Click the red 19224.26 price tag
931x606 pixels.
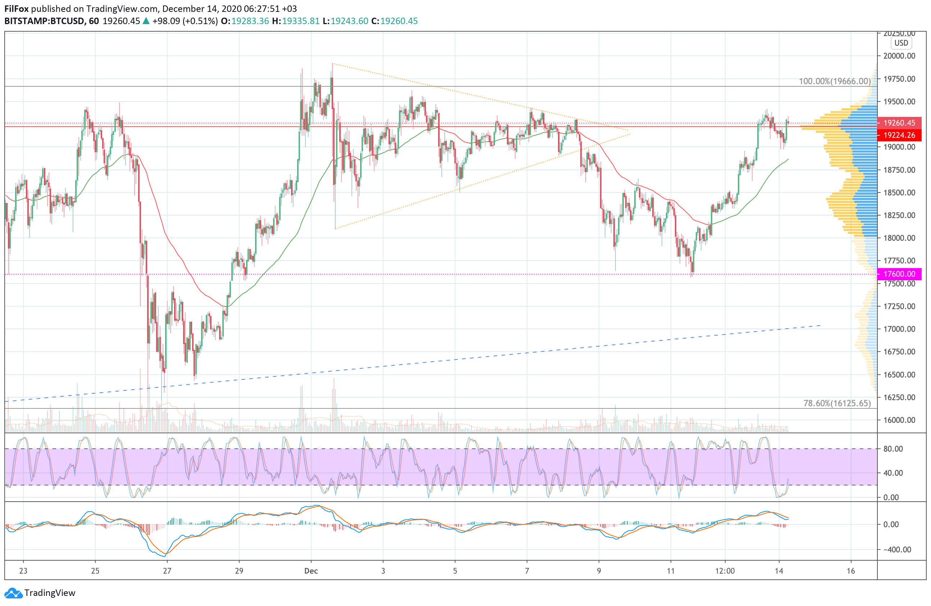pyautogui.click(x=899, y=135)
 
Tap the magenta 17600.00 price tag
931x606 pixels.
pyautogui.click(x=899, y=274)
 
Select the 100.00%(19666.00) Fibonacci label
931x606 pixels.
pyautogui.click(x=834, y=81)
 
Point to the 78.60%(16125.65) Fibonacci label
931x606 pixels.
pyautogui.click(x=837, y=403)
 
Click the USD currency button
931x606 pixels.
pyautogui.click(x=901, y=43)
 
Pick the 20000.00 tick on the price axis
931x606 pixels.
pyautogui.click(x=899, y=56)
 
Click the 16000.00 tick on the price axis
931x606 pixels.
pyautogui.click(x=899, y=420)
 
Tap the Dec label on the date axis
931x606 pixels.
pyautogui.click(x=311, y=571)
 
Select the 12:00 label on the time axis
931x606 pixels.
pyautogui.click(x=725, y=571)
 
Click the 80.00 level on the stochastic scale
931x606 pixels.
pyautogui.click(x=893, y=449)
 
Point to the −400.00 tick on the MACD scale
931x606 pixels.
pyautogui.click(x=895, y=550)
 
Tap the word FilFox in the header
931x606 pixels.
pyautogui.click(x=17, y=9)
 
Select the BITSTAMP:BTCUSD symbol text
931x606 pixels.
pyautogui.click(x=44, y=21)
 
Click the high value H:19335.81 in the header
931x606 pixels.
pyautogui.click(x=296, y=21)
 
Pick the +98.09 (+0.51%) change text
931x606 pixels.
pyautogui.click(x=185, y=21)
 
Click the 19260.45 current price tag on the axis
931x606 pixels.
pyautogui.click(x=899, y=123)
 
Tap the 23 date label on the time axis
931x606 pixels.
pyautogui.click(x=23, y=571)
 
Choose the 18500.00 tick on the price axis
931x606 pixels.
pyautogui.click(x=899, y=193)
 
